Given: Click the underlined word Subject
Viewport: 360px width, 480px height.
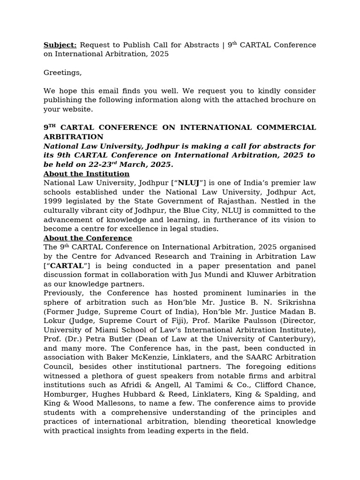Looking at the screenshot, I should coord(60,45).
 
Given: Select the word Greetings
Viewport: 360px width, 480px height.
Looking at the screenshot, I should coord(62,73).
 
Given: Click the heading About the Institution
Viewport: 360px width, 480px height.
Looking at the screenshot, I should coord(86,174).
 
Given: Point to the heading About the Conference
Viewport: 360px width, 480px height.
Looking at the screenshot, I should coord(88,238).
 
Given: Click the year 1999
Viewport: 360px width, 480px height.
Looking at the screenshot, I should coord(52,202).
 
